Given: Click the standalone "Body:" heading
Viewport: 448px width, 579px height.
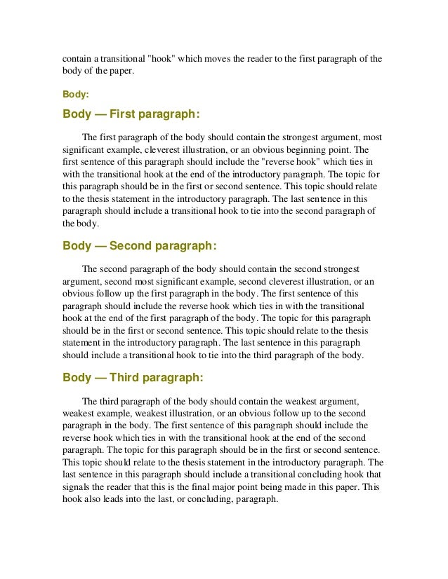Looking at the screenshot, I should coord(74,92).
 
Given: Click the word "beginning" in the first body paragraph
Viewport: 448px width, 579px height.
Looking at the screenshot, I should coord(311,149).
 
